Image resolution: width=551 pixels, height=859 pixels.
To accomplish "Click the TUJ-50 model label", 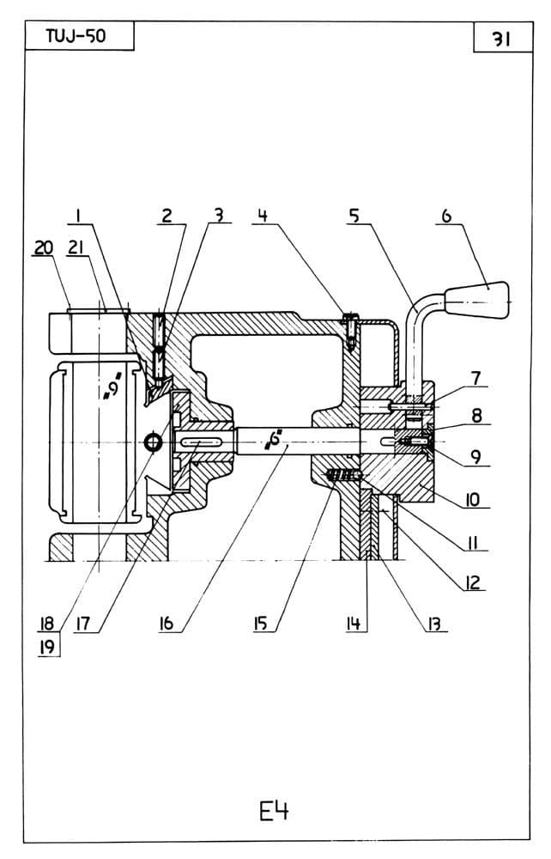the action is (x=76, y=37).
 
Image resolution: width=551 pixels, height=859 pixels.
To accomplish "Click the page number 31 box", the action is (x=502, y=38).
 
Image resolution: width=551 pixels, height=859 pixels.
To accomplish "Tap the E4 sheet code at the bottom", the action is (x=274, y=812).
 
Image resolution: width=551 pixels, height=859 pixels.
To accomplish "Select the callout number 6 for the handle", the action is (x=447, y=216).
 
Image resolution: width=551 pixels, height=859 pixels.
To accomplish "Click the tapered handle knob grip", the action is (x=477, y=299).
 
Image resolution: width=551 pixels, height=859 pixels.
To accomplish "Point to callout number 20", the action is (x=43, y=247).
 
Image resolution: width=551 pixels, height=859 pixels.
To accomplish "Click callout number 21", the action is (x=76, y=247).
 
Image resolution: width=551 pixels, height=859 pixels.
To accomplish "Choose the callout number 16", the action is (x=166, y=622).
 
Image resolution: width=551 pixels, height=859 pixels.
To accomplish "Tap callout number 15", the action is (x=260, y=623).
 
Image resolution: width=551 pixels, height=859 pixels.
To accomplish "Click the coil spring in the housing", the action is (x=343, y=475).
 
